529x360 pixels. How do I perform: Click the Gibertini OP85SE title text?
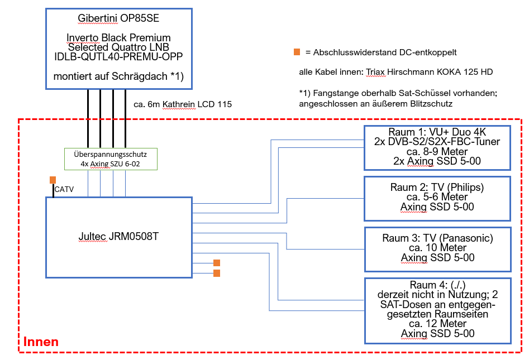[118, 19]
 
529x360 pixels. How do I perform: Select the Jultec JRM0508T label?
[118, 236]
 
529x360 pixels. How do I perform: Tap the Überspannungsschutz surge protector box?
[111, 159]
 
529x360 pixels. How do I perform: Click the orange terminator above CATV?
[53, 180]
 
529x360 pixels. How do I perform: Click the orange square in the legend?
[297, 52]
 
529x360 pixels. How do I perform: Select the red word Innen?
[41, 342]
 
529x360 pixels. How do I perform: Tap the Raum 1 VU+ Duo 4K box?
[437, 147]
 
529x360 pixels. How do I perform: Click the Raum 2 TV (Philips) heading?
[437, 187]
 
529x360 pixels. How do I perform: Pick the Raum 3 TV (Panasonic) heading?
[437, 238]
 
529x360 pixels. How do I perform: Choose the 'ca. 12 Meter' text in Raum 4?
[437, 324]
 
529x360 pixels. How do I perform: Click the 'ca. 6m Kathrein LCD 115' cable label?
[183, 104]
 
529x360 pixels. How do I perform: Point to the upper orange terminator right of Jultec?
[217, 263]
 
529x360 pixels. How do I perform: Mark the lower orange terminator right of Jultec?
[217, 273]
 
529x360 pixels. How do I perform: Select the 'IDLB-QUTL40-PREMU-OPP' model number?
[118, 56]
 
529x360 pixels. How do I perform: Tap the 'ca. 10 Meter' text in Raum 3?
[437, 247]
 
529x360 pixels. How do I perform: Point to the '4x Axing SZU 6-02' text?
[111, 164]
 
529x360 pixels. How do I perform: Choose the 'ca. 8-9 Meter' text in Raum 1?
[437, 152]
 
